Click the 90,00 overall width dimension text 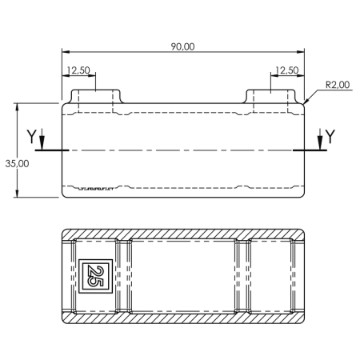coord(182,46)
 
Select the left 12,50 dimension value coord(78,70)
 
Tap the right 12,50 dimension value coord(287,70)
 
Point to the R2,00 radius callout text coord(338,85)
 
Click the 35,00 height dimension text coord(17,163)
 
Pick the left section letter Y coord(31,136)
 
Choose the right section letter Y coord(330,136)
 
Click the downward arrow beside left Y coord(42,139)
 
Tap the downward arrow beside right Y coord(320,139)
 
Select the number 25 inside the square coord(95,276)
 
